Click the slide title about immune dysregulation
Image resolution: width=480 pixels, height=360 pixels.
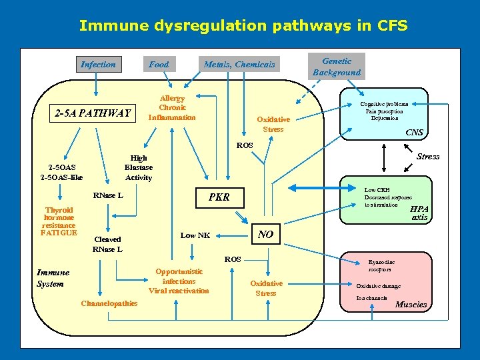(243, 26)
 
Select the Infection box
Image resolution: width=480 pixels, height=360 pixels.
(98, 65)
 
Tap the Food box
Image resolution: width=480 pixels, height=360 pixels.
(159, 65)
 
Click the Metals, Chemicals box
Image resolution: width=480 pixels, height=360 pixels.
(239, 65)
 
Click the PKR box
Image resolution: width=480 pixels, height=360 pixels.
(219, 197)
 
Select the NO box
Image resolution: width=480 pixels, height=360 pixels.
(265, 234)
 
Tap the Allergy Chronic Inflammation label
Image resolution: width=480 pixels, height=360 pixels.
(172, 108)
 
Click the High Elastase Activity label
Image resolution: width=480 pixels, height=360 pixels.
(139, 168)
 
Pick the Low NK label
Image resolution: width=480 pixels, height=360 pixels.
(195, 235)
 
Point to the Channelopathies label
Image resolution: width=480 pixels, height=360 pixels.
(109, 304)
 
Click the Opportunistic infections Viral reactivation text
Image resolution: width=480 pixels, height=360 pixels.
(179, 281)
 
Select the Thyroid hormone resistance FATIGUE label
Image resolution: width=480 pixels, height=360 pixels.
(59, 221)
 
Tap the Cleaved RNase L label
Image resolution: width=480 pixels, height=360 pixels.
(107, 245)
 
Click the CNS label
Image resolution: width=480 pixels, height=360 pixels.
(414, 133)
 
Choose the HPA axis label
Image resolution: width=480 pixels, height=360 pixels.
(420, 213)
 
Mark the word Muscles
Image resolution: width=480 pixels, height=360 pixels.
(411, 305)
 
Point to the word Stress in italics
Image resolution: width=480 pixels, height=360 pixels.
(428, 157)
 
